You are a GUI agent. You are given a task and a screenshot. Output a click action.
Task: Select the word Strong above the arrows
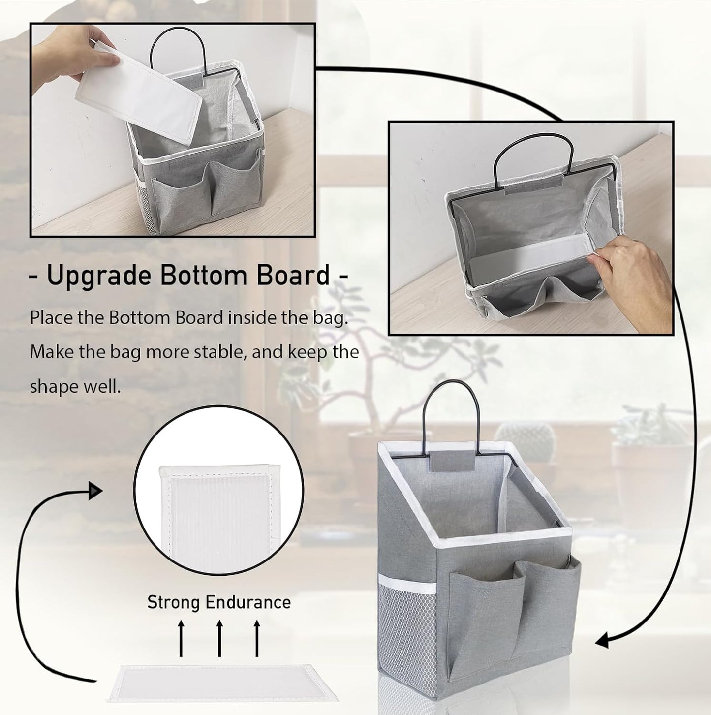tap(173, 602)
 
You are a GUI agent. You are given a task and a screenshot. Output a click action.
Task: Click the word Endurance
tap(247, 602)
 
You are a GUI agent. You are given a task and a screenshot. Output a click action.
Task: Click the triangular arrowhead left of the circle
tap(94, 491)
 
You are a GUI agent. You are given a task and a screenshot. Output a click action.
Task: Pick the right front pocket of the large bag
tap(546, 605)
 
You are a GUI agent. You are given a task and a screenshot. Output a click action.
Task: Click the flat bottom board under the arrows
tap(221, 684)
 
